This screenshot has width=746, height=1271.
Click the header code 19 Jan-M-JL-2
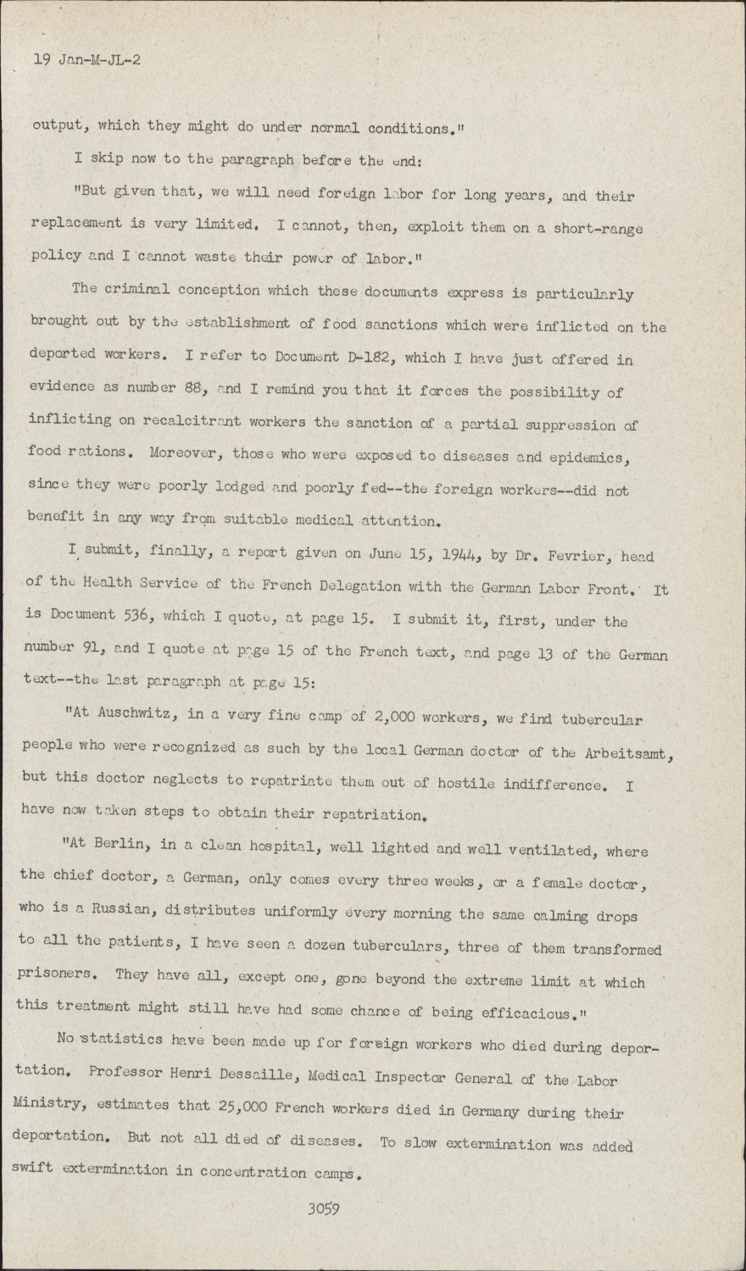(86, 61)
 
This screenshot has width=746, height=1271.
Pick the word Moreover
(184, 453)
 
